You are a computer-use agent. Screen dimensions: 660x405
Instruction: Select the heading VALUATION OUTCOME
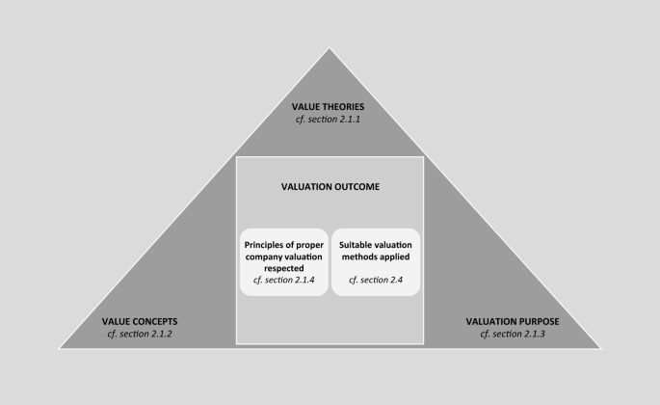(x=330, y=187)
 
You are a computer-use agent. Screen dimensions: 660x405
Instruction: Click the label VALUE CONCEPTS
(x=140, y=321)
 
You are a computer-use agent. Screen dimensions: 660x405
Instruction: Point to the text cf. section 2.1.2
(x=140, y=334)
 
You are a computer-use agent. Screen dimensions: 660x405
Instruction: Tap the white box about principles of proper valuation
(x=284, y=261)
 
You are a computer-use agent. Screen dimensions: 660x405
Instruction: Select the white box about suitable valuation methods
(x=376, y=261)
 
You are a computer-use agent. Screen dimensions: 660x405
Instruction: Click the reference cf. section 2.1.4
(x=284, y=280)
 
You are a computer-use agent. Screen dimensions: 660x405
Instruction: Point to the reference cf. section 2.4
(x=376, y=280)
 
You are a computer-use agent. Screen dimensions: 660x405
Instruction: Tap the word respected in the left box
(x=284, y=268)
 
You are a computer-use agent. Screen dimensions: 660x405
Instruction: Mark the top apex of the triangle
(x=330, y=49)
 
